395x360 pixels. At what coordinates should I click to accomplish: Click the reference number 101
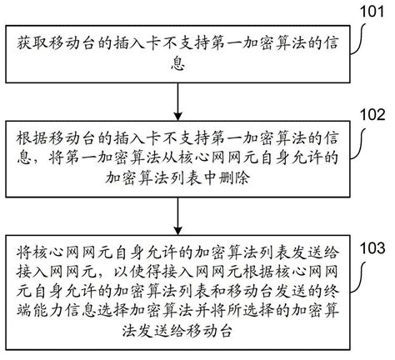pyautogui.click(x=372, y=12)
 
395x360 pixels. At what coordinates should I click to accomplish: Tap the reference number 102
pyautogui.click(x=372, y=114)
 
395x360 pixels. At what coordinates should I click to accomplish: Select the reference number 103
pyautogui.click(x=372, y=248)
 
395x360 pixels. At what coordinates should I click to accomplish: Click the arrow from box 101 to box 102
pyautogui.click(x=177, y=102)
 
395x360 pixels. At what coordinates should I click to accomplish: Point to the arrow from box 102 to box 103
pyautogui.click(x=177, y=216)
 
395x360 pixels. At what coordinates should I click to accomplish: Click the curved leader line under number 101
pyautogui.click(x=359, y=39)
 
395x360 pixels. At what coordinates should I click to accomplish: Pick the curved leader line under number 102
pyautogui.click(x=359, y=144)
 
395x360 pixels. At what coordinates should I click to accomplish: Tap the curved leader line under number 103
pyautogui.click(x=359, y=277)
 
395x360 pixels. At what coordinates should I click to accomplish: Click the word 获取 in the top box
pyautogui.click(x=32, y=43)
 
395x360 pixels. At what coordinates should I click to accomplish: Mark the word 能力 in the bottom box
pyautogui.click(x=48, y=312)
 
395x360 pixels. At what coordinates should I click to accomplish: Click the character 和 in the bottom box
pyautogui.click(x=218, y=292)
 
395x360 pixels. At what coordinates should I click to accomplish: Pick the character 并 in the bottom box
pyautogui.click(x=202, y=312)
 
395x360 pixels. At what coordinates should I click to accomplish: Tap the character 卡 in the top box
pyautogui.click(x=153, y=43)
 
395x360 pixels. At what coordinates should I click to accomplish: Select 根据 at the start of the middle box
pyautogui.click(x=32, y=138)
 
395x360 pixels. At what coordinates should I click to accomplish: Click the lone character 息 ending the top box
pyautogui.click(x=177, y=63)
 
